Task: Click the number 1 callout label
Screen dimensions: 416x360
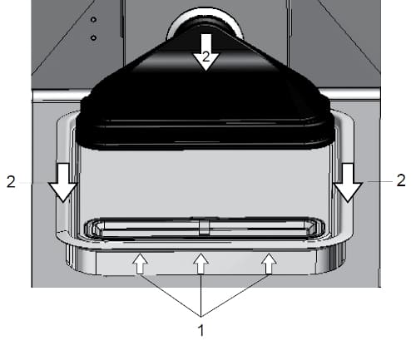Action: [201, 330]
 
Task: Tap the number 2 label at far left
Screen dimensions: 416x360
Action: [11, 182]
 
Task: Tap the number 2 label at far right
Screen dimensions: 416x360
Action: [401, 180]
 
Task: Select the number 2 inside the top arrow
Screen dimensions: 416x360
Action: [206, 57]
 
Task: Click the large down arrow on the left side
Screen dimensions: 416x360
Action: [63, 182]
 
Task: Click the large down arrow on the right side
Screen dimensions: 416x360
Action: [348, 182]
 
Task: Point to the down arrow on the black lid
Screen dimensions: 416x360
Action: [206, 52]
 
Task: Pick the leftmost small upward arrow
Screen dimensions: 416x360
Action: [140, 264]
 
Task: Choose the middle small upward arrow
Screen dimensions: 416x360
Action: [201, 264]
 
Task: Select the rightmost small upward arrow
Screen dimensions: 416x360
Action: [269, 264]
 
